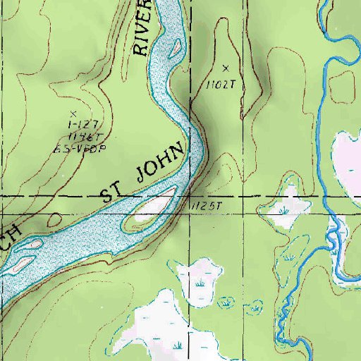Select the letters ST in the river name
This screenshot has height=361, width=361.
(113, 192)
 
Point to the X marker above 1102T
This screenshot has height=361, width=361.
(226, 68)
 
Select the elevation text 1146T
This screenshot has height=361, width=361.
(73, 136)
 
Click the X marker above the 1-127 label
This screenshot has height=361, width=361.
(73, 112)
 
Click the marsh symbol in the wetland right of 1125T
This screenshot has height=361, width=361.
(284, 210)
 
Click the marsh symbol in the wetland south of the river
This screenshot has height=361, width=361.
(202, 282)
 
